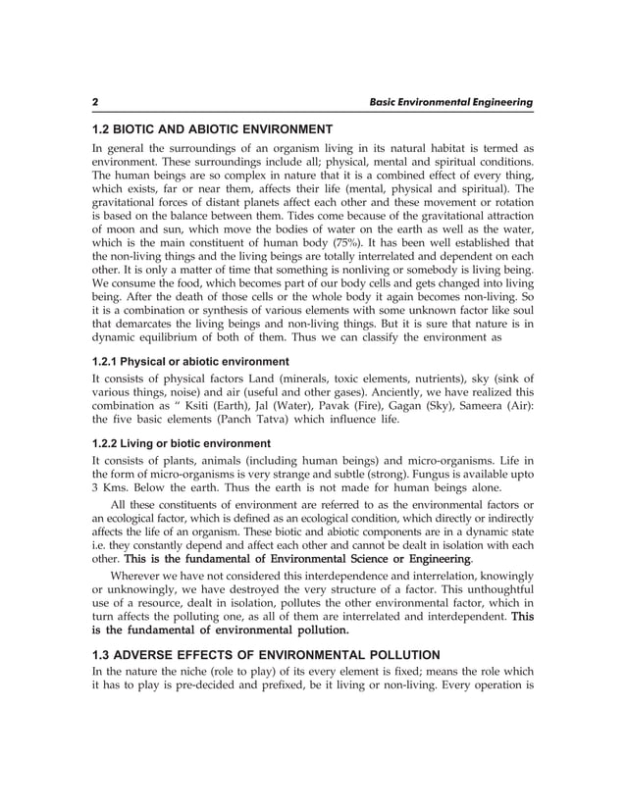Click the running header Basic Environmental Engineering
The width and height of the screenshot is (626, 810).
449,101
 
